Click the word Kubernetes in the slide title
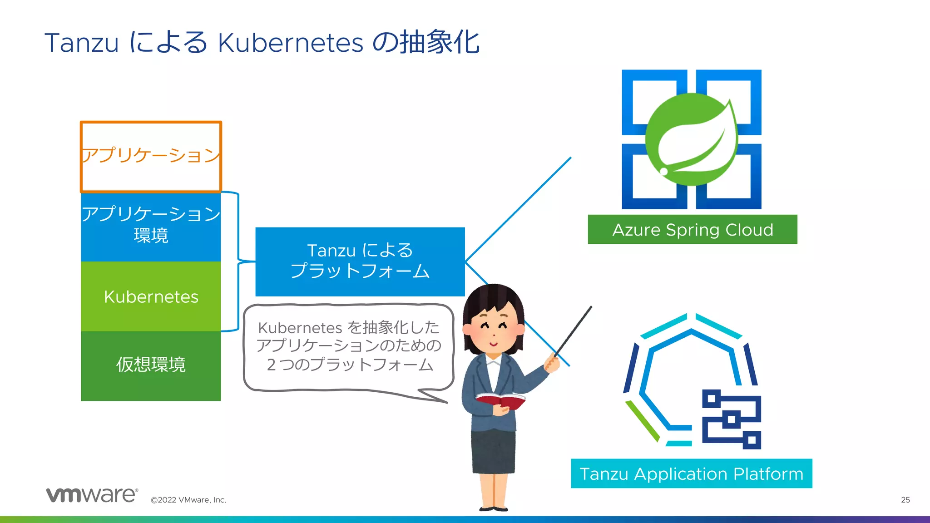pyautogui.click(x=291, y=43)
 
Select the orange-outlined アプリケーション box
pyautogui.click(x=151, y=157)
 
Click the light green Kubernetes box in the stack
pyautogui.click(x=151, y=296)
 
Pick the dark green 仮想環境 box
pyautogui.click(x=151, y=365)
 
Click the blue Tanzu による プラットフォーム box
pyautogui.click(x=360, y=261)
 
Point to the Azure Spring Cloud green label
pyautogui.click(x=692, y=230)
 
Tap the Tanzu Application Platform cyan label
pyautogui.click(x=691, y=474)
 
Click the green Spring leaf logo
pyautogui.click(x=691, y=139)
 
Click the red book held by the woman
pyautogui.click(x=500, y=400)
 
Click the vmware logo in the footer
pyautogui.click(x=92, y=494)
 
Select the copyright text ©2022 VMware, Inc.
pyautogui.click(x=188, y=500)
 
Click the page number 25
pyautogui.click(x=905, y=500)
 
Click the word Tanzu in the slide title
pyautogui.click(x=82, y=43)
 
